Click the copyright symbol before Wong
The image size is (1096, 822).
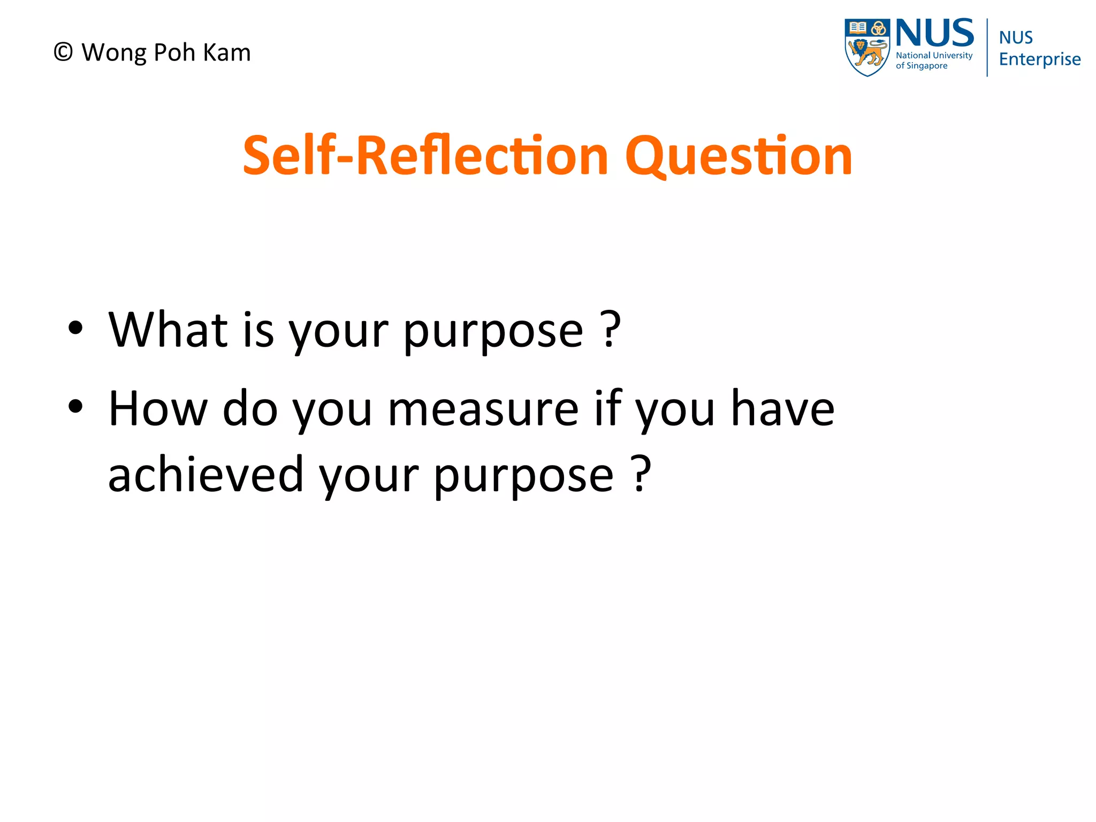pyautogui.click(x=63, y=52)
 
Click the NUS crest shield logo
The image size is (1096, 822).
pyautogui.click(x=866, y=48)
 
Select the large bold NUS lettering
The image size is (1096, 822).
pyautogui.click(x=934, y=33)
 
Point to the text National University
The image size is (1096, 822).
pyautogui.click(x=934, y=56)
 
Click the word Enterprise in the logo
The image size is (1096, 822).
pyautogui.click(x=1039, y=59)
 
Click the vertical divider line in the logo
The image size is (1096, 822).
pyautogui.click(x=987, y=48)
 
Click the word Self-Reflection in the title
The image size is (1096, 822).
pyautogui.click(x=425, y=156)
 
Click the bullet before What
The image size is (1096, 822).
pyautogui.click(x=75, y=328)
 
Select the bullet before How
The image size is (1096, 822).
pyautogui.click(x=75, y=406)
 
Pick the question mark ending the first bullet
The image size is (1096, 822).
pyautogui.click(x=611, y=329)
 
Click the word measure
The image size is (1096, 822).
pyautogui.click(x=483, y=410)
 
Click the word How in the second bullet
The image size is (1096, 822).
pyautogui.click(x=158, y=409)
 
